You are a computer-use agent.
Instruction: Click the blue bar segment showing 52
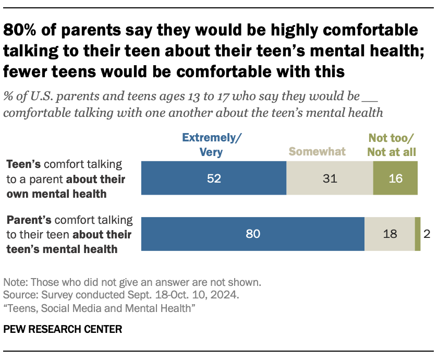coord(214,178)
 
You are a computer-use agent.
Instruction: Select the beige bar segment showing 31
coord(330,178)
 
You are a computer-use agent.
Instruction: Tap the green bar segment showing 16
coord(395,178)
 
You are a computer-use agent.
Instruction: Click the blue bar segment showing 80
coord(252,234)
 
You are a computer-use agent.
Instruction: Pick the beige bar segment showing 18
coord(389,234)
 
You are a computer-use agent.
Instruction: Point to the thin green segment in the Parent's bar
coord(417,234)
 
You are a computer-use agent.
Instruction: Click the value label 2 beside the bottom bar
coord(427,234)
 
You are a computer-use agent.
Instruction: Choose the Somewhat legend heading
coord(317,152)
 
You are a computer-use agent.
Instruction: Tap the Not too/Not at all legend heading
coord(391,145)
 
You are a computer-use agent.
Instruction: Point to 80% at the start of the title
coord(22,31)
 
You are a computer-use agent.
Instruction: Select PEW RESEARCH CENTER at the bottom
coord(63,329)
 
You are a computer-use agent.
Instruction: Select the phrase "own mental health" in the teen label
coord(56,194)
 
